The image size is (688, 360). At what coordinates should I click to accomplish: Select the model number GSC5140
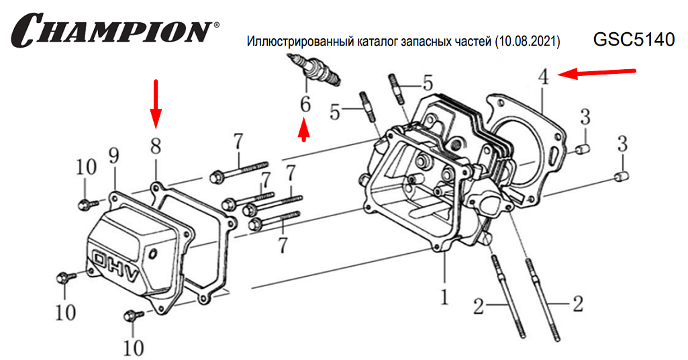tap(634, 40)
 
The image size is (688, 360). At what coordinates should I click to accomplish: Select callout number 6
tap(305, 104)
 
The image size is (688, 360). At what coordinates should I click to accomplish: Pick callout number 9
tap(113, 156)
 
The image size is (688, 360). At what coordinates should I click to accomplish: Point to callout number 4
tap(544, 77)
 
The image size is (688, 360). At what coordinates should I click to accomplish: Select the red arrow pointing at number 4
tap(597, 73)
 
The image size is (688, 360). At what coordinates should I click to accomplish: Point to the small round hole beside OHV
tap(154, 255)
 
